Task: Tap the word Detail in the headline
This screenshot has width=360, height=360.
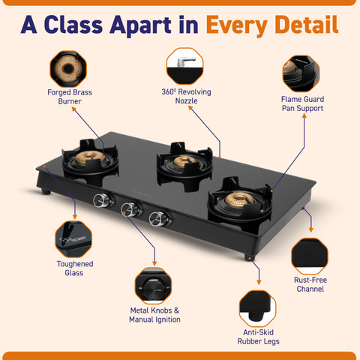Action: (304, 25)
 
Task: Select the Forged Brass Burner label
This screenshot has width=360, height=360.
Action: (70, 97)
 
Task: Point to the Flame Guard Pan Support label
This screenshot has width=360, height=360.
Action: (301, 103)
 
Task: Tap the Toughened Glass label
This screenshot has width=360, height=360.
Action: (75, 268)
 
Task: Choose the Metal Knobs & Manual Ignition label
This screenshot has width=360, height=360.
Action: (154, 315)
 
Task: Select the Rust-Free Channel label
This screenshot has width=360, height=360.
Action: (309, 284)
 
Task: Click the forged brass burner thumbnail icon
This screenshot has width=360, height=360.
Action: (70, 68)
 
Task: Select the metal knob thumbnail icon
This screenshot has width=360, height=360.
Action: (154, 286)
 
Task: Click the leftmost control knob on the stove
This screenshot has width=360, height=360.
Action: (100, 200)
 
